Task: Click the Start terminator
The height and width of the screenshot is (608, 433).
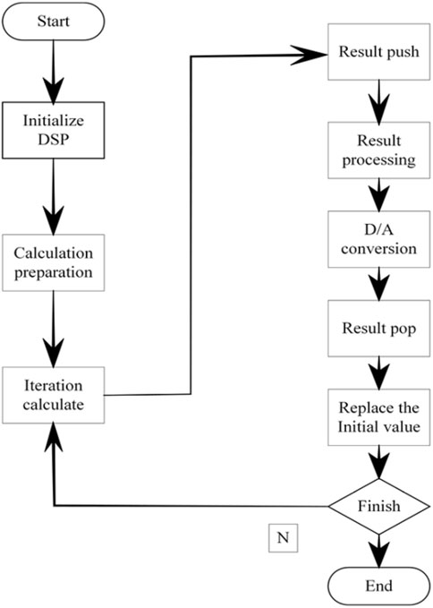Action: tap(53, 21)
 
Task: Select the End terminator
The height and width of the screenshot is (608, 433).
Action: tap(378, 586)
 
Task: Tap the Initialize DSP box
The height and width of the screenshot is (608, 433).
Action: tap(53, 131)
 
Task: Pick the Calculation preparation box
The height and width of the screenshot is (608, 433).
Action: tap(53, 262)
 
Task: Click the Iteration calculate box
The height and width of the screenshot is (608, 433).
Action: tap(53, 395)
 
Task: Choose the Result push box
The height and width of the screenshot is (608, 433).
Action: tap(378, 52)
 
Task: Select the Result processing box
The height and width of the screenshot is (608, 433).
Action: tap(378, 150)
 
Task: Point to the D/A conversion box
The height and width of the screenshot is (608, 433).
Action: tap(378, 239)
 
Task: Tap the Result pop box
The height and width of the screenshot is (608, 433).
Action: tap(378, 329)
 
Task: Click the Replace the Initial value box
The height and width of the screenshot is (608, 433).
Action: tap(378, 417)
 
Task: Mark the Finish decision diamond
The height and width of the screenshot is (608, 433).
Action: tap(378, 506)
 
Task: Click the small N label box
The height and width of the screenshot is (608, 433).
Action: tap(283, 538)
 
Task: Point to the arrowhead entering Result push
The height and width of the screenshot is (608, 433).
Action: tap(310, 55)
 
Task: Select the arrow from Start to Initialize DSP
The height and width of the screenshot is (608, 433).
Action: tap(53, 71)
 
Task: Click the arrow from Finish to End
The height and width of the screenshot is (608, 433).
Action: tap(378, 550)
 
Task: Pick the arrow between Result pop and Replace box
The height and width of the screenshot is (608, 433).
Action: tap(378, 373)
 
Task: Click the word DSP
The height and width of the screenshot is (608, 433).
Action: tap(53, 140)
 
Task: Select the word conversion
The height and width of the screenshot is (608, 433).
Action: tap(378, 249)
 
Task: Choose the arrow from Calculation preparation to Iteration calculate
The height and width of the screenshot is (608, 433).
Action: tap(53, 330)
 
